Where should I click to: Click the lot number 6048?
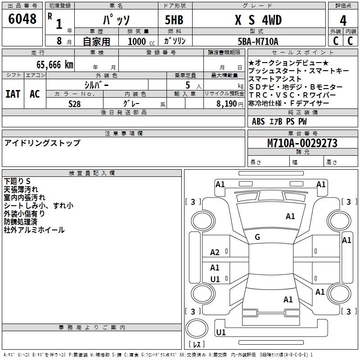22,20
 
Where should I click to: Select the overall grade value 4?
343,20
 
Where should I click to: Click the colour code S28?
75,103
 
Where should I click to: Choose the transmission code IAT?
13,94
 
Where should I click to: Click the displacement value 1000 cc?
140,42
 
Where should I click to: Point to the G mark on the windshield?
257,237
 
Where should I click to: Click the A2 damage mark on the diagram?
215,252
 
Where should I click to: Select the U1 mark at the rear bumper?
221,332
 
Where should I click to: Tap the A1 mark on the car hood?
290,216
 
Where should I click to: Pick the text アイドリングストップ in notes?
42,143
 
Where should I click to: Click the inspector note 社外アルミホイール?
34,230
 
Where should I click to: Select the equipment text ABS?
258,121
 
